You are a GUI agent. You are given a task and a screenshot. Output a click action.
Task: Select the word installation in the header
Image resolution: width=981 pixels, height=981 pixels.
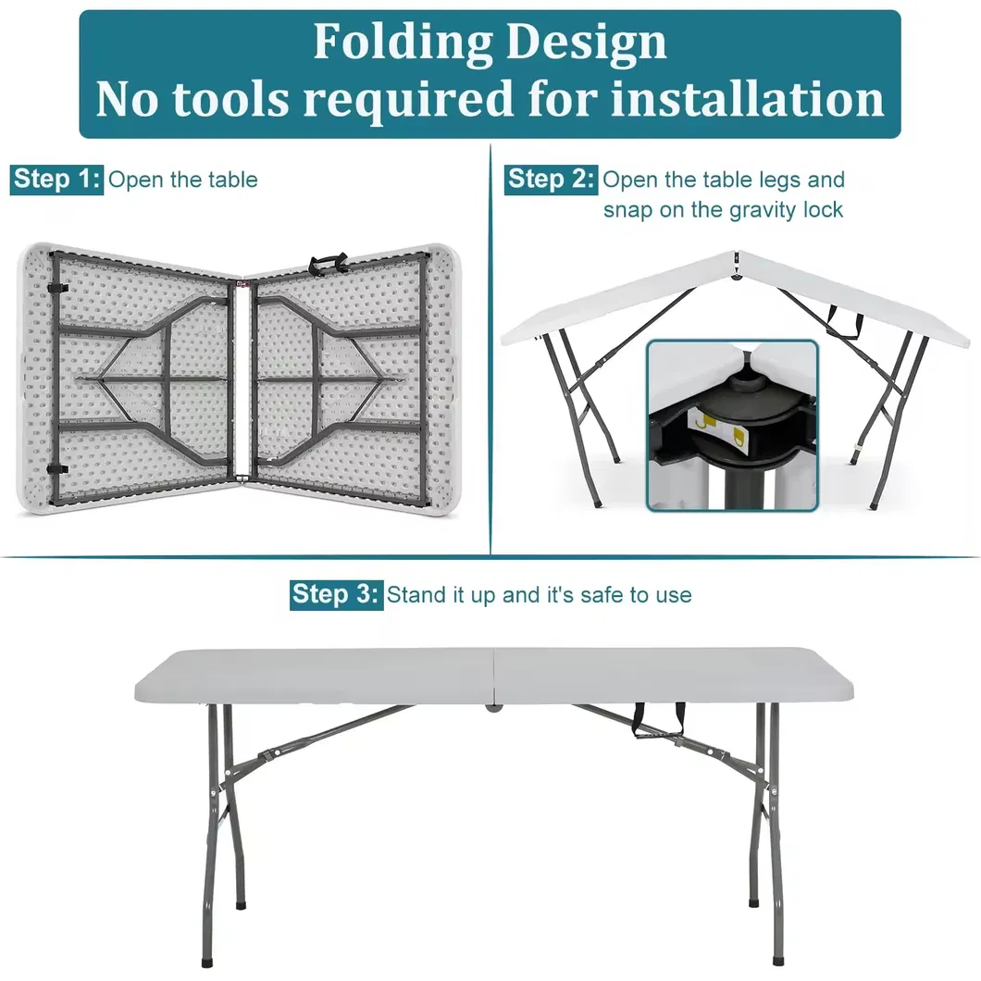click(748, 99)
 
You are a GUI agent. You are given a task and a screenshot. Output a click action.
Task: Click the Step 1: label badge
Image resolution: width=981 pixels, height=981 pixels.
click(56, 179)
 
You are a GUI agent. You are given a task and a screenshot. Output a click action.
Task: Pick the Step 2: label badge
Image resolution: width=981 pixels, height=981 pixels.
click(551, 179)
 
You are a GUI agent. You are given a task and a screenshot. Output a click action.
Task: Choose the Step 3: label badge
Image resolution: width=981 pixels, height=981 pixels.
click(335, 593)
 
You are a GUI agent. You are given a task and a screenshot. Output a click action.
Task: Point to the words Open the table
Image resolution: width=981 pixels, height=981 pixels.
click(183, 180)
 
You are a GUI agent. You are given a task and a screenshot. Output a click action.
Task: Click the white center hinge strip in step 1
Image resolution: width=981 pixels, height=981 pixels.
click(242, 379)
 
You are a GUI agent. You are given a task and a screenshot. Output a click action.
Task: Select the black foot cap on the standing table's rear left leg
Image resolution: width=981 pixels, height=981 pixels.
click(242, 898)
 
